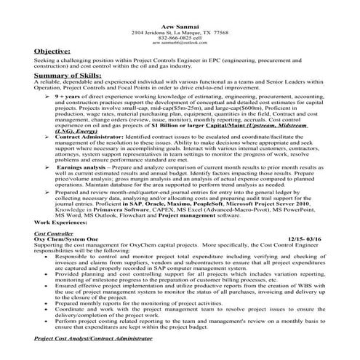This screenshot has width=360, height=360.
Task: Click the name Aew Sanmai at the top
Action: [179, 7]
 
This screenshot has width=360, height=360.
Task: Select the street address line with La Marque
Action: [179, 13]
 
